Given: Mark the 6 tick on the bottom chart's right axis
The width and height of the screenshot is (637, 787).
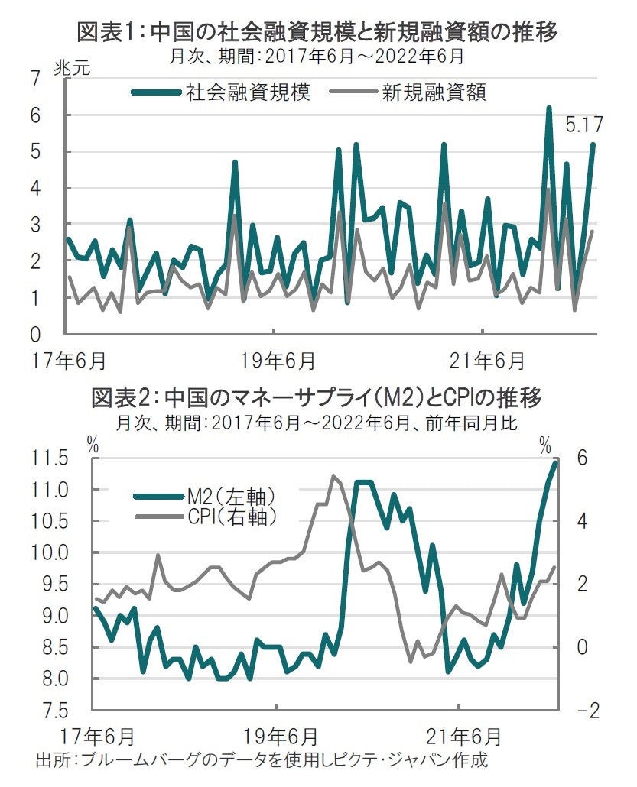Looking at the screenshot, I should click(582, 458).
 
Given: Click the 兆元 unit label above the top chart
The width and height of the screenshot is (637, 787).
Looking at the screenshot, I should click(72, 66).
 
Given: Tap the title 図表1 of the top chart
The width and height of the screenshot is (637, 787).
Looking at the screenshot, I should click(317, 31).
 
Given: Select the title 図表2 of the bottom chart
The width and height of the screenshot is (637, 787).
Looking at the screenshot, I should click(317, 398).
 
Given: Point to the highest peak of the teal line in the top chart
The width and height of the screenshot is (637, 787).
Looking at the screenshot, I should click(549, 108).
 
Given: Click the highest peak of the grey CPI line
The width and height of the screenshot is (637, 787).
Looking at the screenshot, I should click(333, 476).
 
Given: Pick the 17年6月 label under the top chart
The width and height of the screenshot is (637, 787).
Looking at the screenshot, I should click(75, 358).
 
